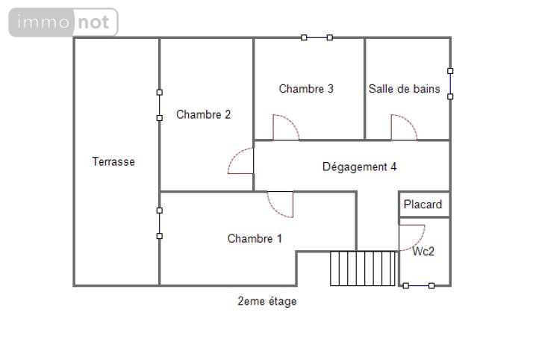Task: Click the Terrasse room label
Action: pos(113,161)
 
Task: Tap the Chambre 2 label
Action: pos(203,115)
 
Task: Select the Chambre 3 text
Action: pos(306,89)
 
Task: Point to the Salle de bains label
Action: pos(404,89)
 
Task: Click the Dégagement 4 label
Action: pos(359,167)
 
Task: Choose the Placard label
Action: pos(423,204)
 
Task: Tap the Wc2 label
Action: pos(423,252)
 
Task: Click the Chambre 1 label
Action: pos(255,239)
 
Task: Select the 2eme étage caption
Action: pos(266,302)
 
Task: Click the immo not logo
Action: pos(63,22)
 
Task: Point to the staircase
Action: pos(364,268)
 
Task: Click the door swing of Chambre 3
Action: pos(285,128)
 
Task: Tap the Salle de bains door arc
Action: pos(403,128)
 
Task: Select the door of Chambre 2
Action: pos(241,161)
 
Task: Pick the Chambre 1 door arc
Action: pos(281,204)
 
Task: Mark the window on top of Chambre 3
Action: pos(317,37)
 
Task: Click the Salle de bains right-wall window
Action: pos(450,84)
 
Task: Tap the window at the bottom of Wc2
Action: pos(418,285)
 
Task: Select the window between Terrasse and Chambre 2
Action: pos(159,105)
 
